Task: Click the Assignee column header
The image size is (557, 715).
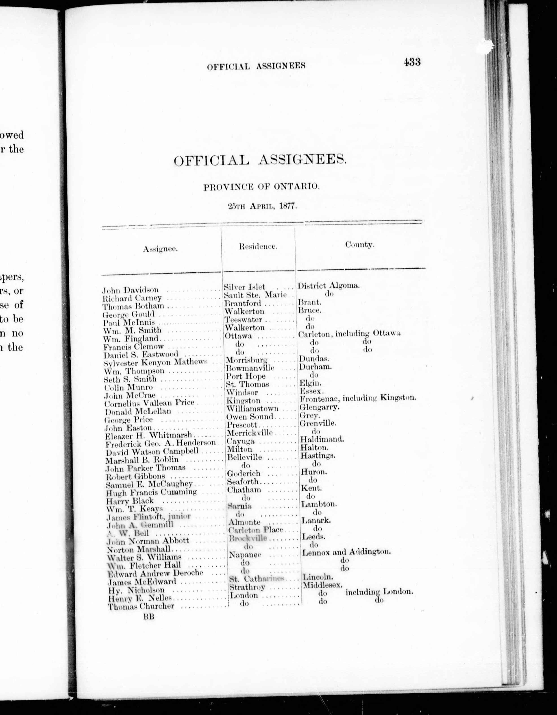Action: click(x=160, y=249)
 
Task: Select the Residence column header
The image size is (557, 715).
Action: click(x=258, y=247)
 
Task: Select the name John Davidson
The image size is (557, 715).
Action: click(x=131, y=290)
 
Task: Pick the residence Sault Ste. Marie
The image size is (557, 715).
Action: click(x=255, y=295)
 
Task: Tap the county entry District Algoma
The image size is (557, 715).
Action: click(x=328, y=285)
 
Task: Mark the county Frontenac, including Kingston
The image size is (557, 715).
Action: click(x=357, y=398)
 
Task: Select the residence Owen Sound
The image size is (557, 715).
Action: click(x=250, y=417)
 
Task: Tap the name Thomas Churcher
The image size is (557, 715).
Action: click(x=141, y=606)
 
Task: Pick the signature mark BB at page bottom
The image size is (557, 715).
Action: click(x=148, y=617)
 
